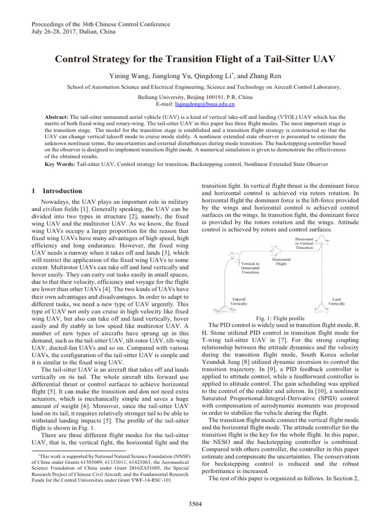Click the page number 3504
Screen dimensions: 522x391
[195, 504]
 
